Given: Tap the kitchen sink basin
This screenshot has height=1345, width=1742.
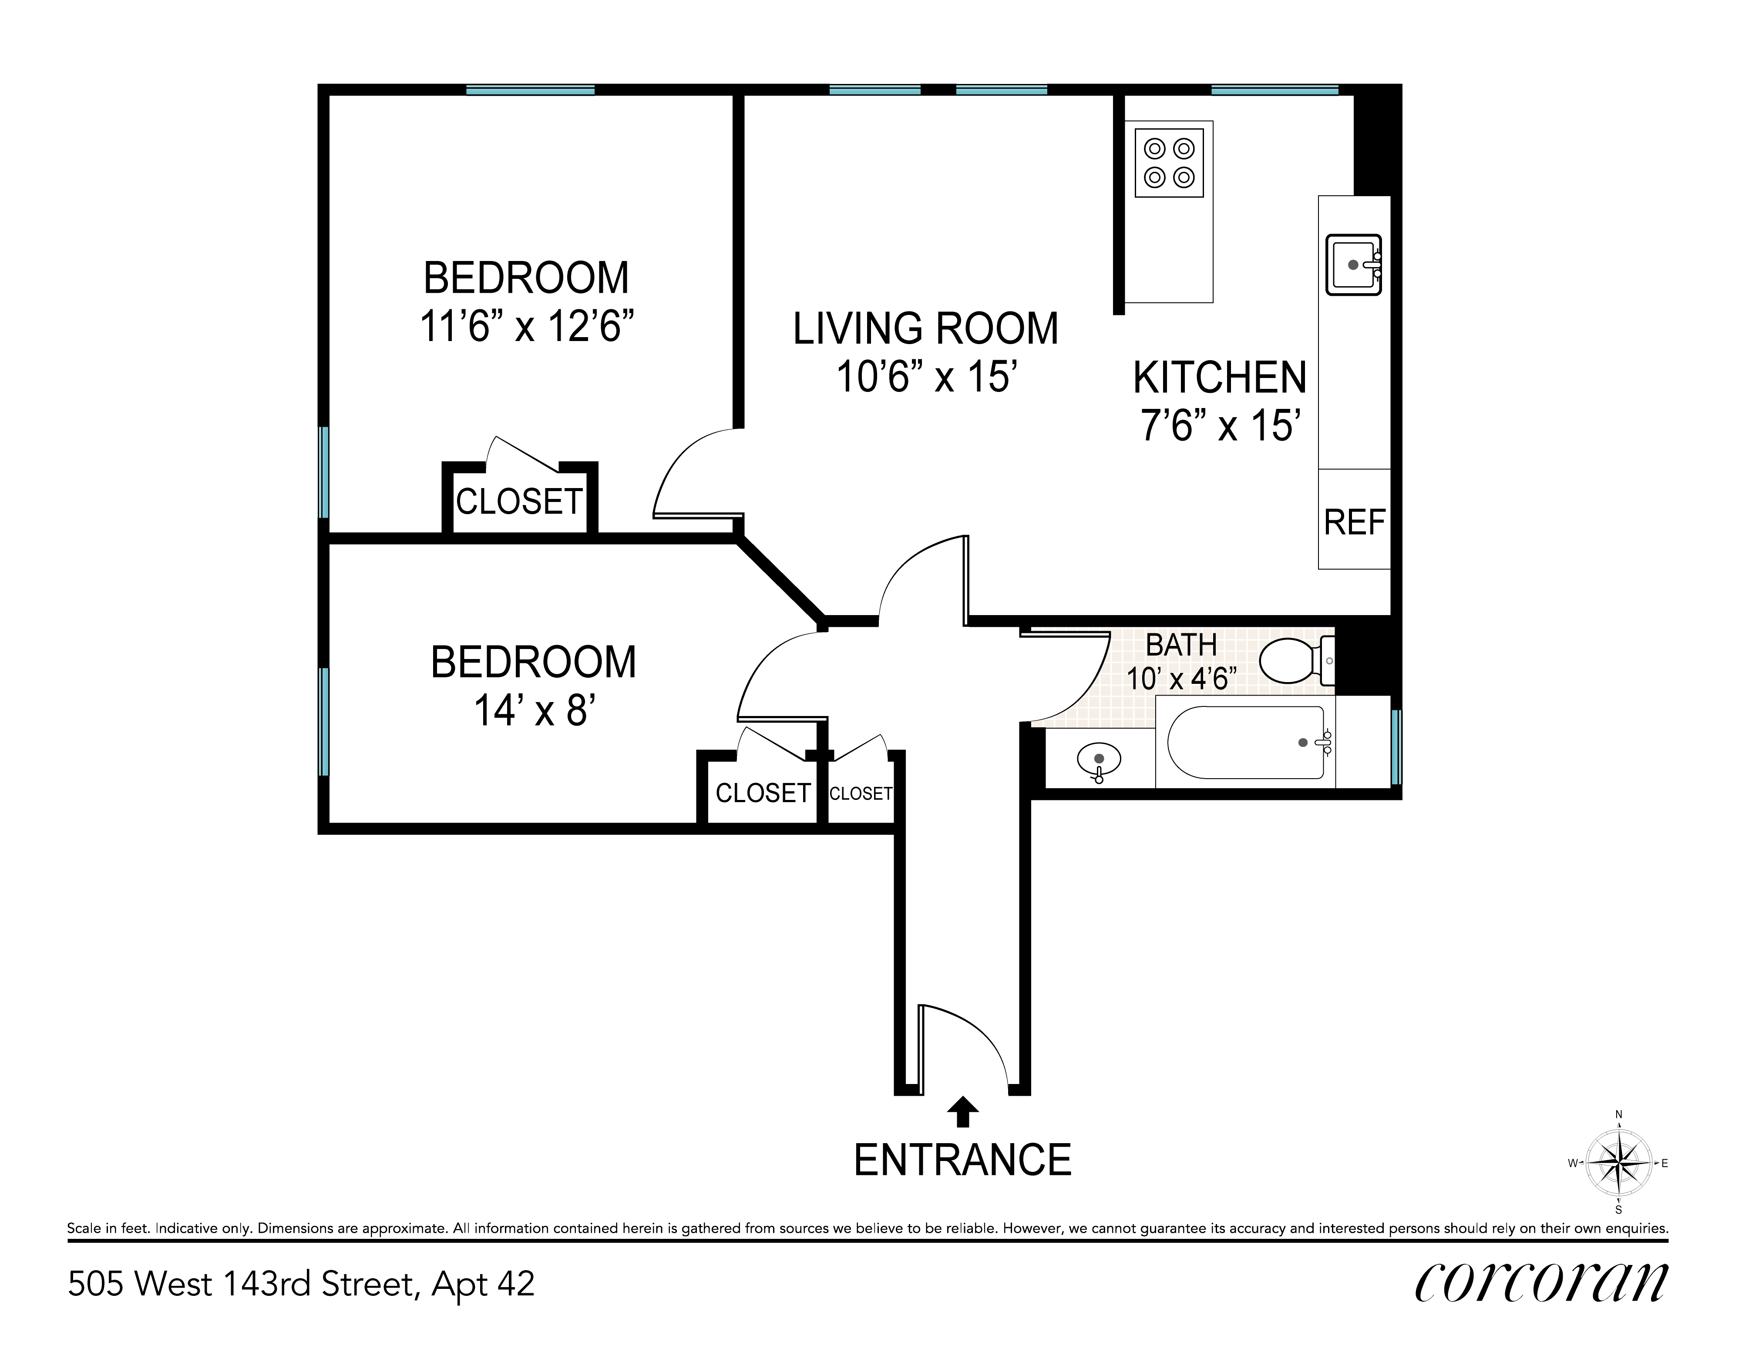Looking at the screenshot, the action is click(x=1354, y=265).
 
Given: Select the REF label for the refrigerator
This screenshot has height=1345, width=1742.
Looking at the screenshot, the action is click(x=1354, y=522).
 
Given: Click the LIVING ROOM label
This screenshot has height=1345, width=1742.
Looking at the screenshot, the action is click(x=925, y=328).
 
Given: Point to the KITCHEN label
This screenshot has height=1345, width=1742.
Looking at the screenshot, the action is click(x=1221, y=378).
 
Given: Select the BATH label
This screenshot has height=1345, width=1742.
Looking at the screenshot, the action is click(x=1181, y=644).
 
